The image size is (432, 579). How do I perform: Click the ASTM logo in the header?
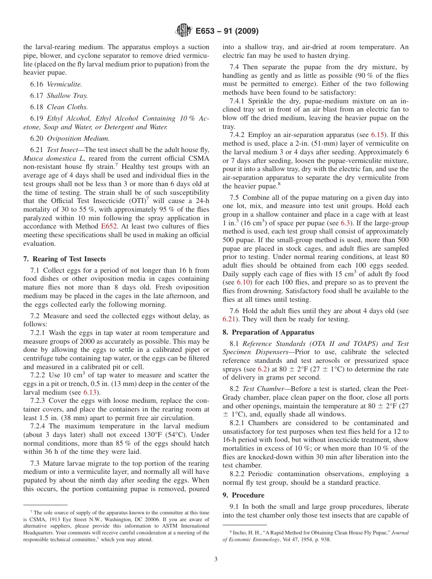183,31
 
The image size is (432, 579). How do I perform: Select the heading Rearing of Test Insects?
68,259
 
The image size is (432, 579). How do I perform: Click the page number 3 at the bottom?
216,559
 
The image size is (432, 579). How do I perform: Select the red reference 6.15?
378,135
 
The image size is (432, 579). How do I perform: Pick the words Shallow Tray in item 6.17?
67,96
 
